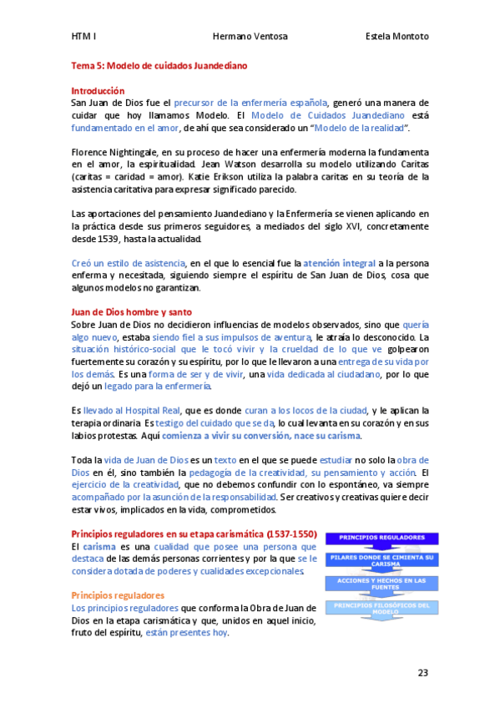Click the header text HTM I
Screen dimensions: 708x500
click(83, 37)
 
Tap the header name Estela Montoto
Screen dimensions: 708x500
click(397, 37)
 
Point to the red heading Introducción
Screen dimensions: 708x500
click(98, 90)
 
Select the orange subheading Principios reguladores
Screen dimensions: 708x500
click(118, 595)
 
